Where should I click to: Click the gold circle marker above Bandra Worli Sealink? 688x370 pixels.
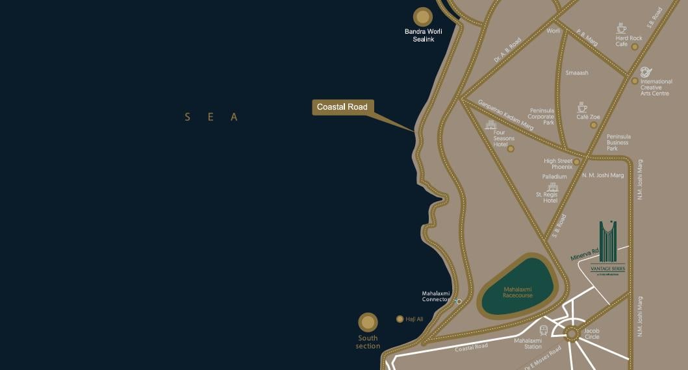tap(423, 17)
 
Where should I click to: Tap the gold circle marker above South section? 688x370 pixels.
tap(368, 322)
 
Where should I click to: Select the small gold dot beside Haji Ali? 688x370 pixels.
tap(400, 319)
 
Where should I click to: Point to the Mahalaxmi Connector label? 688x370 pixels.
tap(435, 296)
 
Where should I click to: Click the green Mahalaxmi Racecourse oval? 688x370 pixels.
tap(517, 287)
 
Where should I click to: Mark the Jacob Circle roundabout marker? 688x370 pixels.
tap(572, 334)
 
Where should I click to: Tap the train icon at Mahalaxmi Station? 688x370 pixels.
tap(543, 330)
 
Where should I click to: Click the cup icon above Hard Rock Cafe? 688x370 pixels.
tap(621, 28)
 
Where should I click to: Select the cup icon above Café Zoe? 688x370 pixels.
tap(582, 107)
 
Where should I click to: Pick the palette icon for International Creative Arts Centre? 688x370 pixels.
tap(645, 72)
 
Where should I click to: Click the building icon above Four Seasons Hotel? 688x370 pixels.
tap(491, 125)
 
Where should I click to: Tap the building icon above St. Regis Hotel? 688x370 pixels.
tap(553, 187)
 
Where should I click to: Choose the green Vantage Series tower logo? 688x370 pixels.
tap(607, 243)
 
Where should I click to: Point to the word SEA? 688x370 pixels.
tap(212, 117)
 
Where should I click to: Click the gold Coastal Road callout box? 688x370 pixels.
tap(342, 107)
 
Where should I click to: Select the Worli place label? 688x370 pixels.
tap(553, 31)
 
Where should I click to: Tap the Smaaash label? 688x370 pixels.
tap(577, 73)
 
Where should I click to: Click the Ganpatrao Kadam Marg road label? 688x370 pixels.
tap(505, 114)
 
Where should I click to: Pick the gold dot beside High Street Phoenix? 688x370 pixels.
tap(576, 162)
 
